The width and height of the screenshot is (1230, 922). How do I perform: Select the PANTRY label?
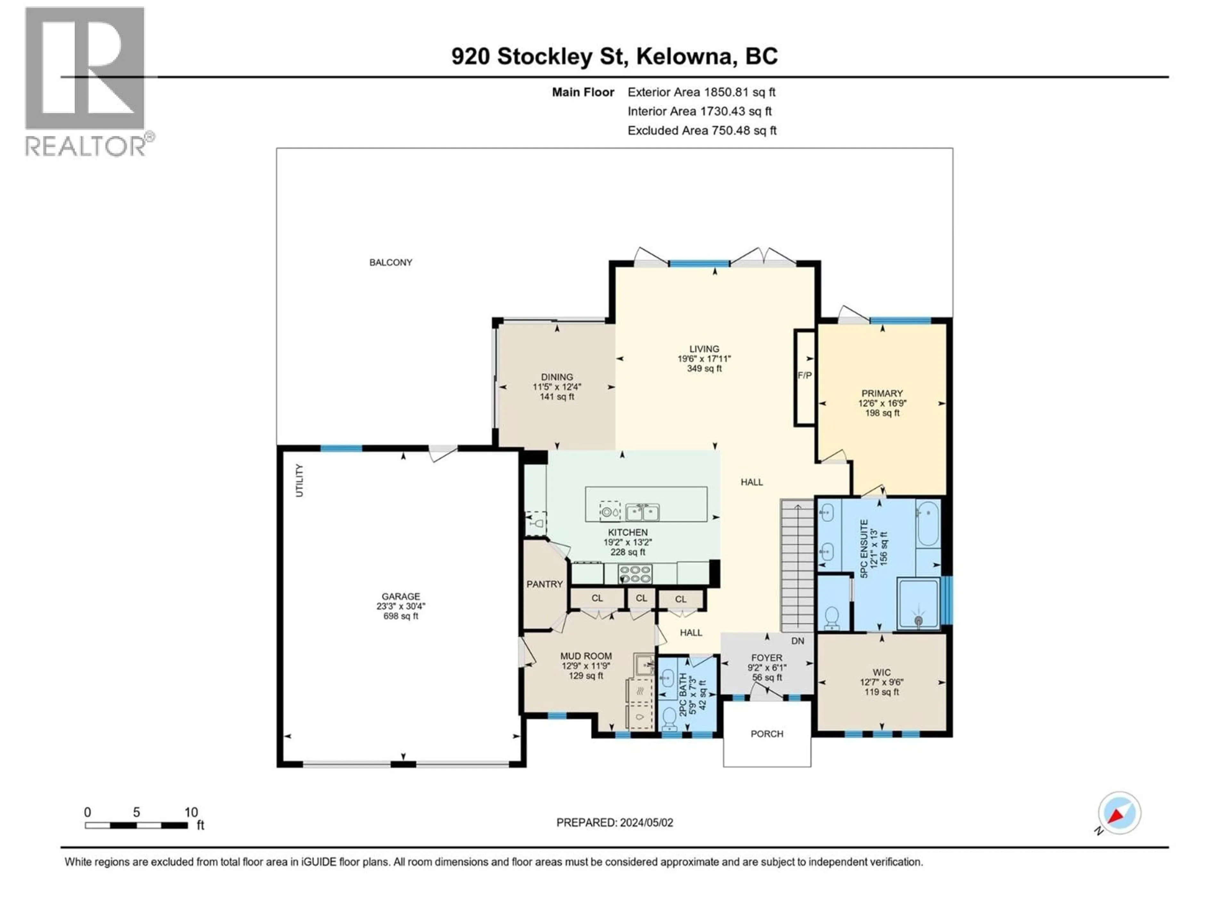pyautogui.click(x=545, y=584)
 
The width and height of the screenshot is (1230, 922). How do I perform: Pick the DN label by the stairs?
pyautogui.click(x=797, y=641)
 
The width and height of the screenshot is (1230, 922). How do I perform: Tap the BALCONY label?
pyautogui.click(x=390, y=262)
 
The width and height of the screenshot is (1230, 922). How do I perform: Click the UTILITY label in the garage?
pyautogui.click(x=299, y=481)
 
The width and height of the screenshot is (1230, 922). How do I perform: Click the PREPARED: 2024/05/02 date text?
pyautogui.click(x=614, y=822)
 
